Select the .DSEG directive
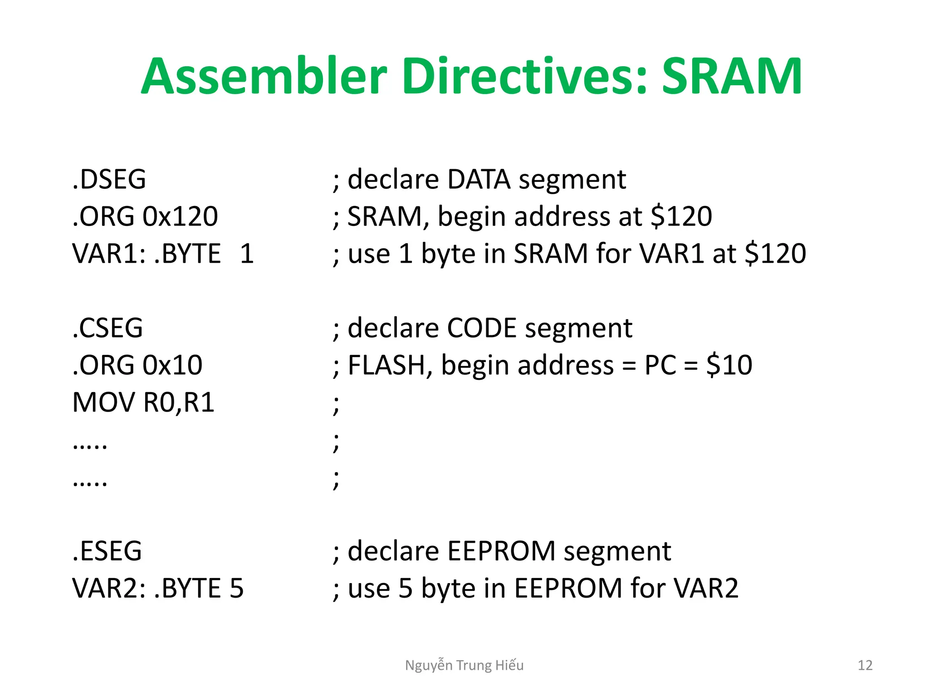(109, 179)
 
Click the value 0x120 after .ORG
(181, 216)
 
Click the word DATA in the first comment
(479, 179)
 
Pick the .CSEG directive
(108, 328)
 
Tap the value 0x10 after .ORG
(173, 365)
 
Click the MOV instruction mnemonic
(104, 402)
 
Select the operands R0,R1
(179, 402)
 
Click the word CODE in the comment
(482, 328)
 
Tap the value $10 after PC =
(729, 365)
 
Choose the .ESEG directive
(107, 551)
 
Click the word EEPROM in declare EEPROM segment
(501, 551)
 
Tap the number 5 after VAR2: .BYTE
(237, 589)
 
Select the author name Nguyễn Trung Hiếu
(464, 665)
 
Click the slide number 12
(865, 665)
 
